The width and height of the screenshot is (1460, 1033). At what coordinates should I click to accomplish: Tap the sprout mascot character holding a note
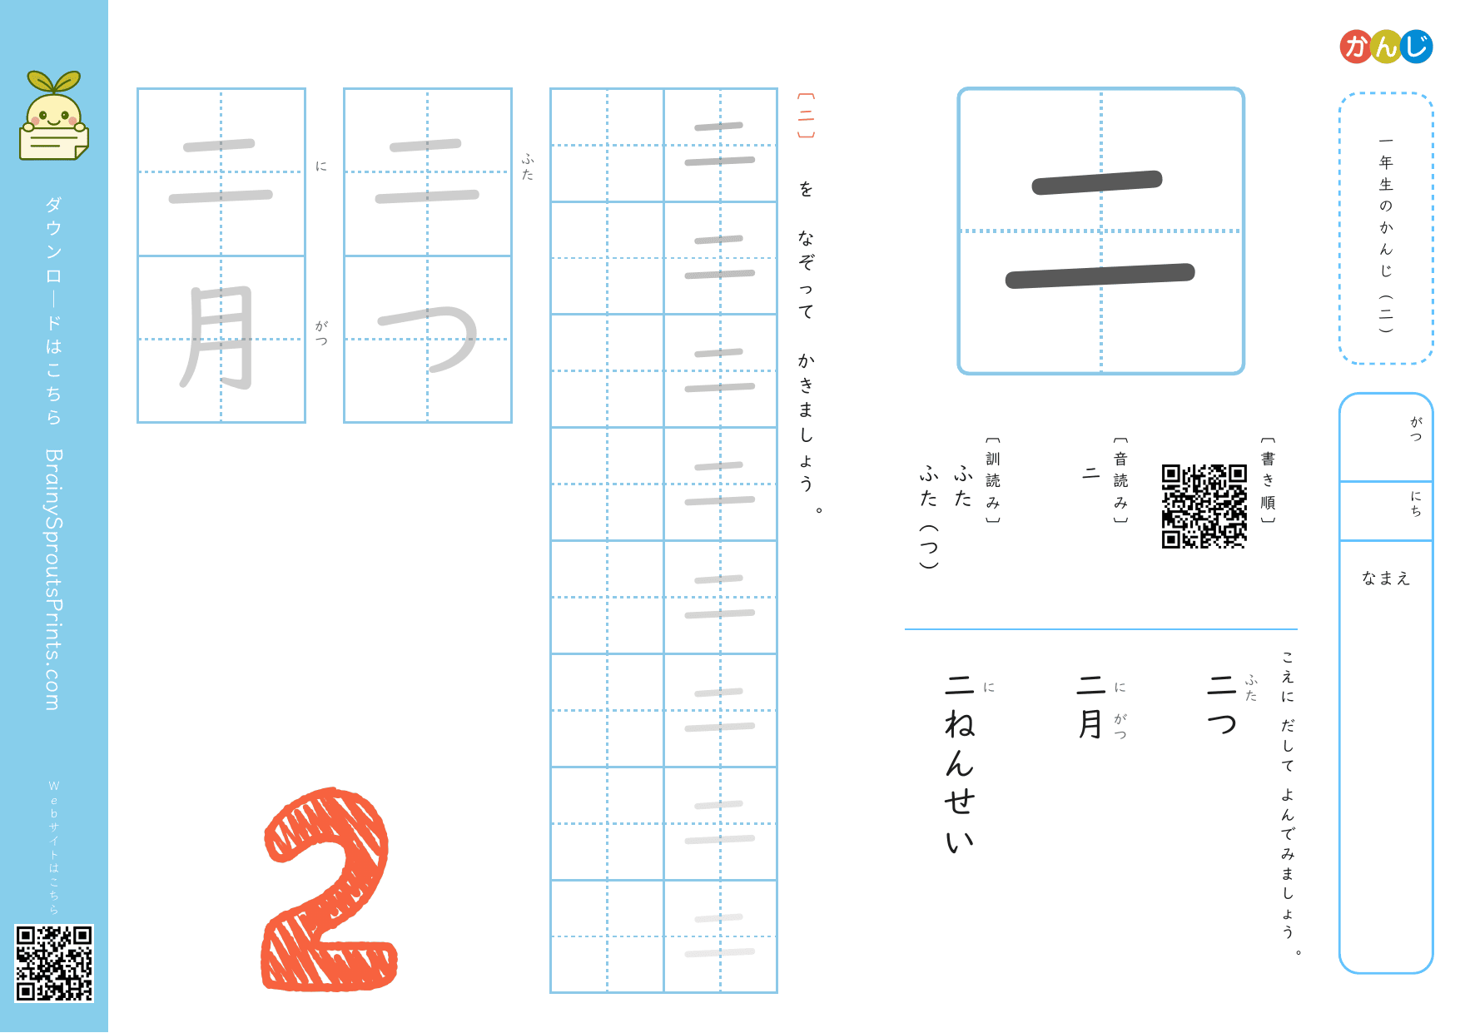pos(54,116)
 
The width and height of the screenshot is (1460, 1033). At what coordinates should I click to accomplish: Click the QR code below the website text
pos(54,963)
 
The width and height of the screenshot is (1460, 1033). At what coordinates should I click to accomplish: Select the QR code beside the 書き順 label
pos(1204,506)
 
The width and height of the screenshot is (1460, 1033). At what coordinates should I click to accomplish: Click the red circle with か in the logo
pos(1356,47)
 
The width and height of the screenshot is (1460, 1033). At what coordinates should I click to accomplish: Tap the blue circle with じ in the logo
pos(1417,47)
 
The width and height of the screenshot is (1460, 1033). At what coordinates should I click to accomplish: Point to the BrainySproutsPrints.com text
pos(54,579)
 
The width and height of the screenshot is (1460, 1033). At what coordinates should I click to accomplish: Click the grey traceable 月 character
pos(219,338)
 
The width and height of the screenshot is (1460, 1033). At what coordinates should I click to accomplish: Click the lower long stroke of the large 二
pos(1100,276)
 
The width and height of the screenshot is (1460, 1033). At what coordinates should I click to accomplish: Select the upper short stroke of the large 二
pos(1097,182)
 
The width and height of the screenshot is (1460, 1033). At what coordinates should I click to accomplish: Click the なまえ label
pos(1386,578)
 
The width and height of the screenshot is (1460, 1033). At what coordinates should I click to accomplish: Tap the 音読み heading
pos(1121,480)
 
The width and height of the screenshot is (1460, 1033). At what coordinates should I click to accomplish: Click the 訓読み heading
pos(993,480)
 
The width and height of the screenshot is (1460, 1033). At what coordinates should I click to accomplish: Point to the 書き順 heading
pos(1268,480)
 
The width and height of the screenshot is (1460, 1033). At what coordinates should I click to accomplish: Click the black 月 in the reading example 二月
pos(1090,723)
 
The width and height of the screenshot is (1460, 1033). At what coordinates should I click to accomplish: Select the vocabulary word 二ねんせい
pos(960,764)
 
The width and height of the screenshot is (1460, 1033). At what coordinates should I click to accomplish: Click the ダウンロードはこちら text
pos(54,310)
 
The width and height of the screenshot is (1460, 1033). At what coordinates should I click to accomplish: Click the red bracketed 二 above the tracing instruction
pos(806,116)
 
